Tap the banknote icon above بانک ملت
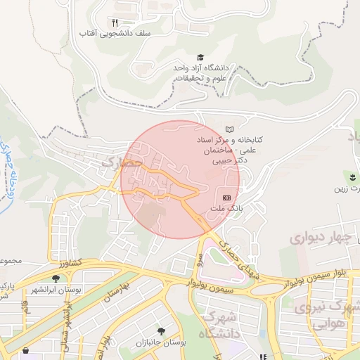226,198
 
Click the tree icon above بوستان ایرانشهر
56,278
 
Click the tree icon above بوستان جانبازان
162,331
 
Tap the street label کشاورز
69,263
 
